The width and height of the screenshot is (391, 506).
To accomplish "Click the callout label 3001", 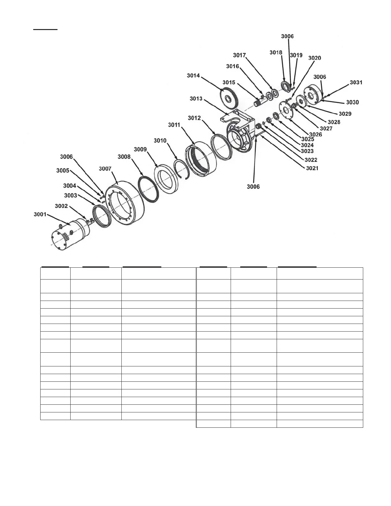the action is coord(40,214).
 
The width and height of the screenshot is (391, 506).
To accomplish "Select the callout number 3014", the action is coord(193,76).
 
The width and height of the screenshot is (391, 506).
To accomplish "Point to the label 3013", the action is coord(196,99).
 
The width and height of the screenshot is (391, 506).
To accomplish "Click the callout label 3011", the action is coord(174,125).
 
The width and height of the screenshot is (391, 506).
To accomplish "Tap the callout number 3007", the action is coord(105,169).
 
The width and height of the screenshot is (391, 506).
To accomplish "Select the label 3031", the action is coord(356,82).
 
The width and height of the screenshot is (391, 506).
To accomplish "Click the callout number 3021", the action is coord(312,168).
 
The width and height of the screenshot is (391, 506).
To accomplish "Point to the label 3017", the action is coord(239,55).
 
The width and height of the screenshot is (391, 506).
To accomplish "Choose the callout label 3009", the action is coord(140,149).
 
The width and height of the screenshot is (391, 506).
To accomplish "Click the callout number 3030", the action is coord(352,102).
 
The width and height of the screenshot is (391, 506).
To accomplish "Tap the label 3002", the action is coord(61,206).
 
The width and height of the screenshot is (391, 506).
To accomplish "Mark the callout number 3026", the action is coord(315,134).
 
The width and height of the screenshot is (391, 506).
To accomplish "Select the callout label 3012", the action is coord(194,118).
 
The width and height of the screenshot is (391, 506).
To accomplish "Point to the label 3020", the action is coord(315,58).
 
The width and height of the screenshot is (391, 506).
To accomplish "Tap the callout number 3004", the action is coord(70,186).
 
